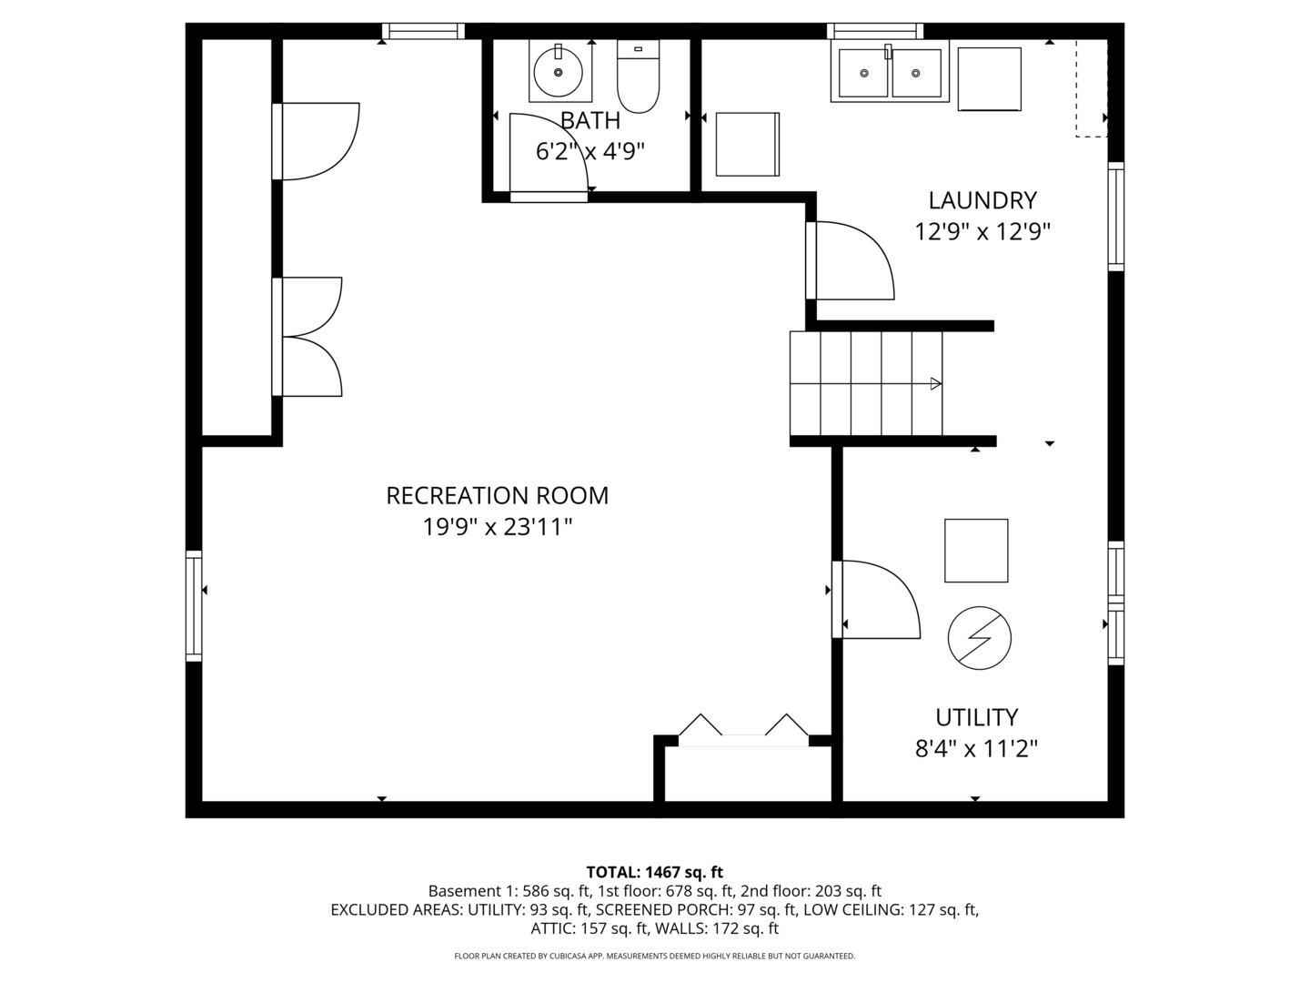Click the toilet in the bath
pyautogui.click(x=638, y=76)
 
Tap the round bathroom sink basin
pyautogui.click(x=558, y=73)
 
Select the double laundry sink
pyautogui.click(x=890, y=72)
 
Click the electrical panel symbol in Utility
pyautogui.click(x=980, y=638)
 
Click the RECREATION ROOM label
pyautogui.click(x=497, y=495)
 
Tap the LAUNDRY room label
pyautogui.click(x=982, y=200)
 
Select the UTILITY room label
pyautogui.click(x=976, y=717)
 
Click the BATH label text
pyautogui.click(x=590, y=121)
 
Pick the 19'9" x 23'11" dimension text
pyautogui.click(x=497, y=527)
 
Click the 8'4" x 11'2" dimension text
pyautogui.click(x=976, y=748)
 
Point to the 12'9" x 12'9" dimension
pyautogui.click(x=982, y=231)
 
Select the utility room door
pyautogui.click(x=876, y=599)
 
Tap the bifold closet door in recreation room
pyautogui.click(x=743, y=730)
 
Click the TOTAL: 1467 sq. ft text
pyautogui.click(x=655, y=873)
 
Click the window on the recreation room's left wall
pyautogui.click(x=194, y=606)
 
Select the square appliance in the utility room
pyautogui.click(x=976, y=551)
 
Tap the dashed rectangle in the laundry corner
pyautogui.click(x=1092, y=88)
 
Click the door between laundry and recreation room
pyautogui.click(x=850, y=260)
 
